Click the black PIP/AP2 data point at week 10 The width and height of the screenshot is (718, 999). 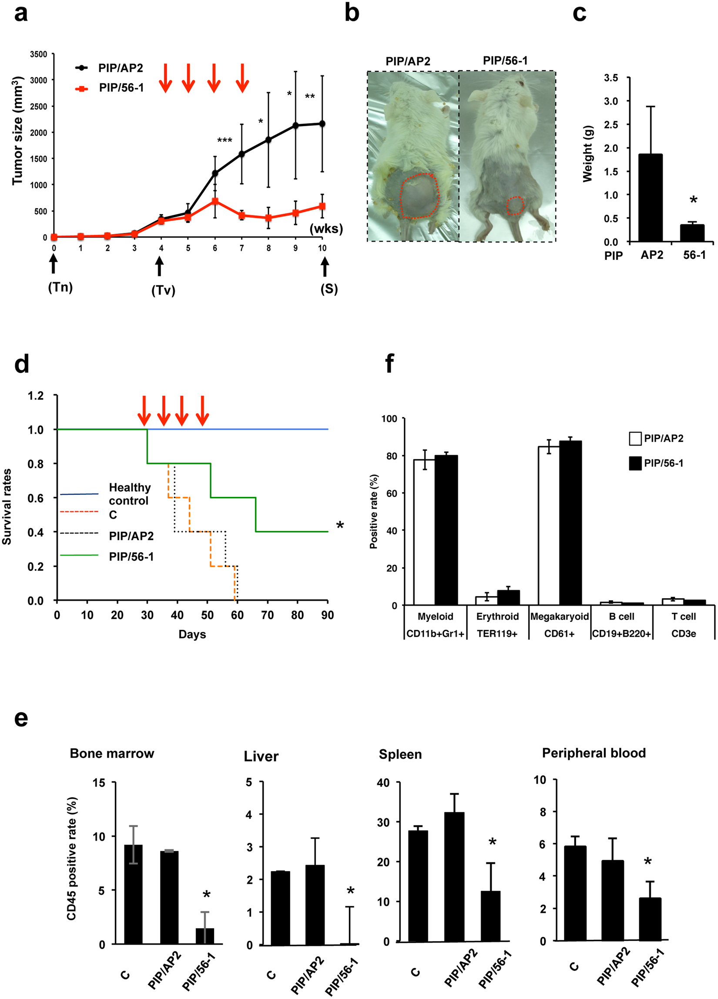tap(322, 124)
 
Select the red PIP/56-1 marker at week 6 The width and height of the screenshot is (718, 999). tap(215, 201)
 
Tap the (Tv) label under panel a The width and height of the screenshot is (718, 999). tap(164, 291)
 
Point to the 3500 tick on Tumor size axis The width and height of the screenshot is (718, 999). tap(38, 54)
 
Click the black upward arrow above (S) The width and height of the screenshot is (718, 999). tap(325, 267)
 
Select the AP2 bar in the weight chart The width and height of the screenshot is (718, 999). tap(650, 198)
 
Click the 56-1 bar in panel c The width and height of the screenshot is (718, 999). tap(692, 233)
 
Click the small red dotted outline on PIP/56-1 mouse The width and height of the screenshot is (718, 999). tap(514, 205)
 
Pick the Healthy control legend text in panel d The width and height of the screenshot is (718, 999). tap(130, 494)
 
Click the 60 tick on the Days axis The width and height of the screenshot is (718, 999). tap(238, 615)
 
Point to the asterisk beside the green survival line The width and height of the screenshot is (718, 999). tap(340, 526)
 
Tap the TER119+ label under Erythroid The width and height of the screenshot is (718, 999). tap(497, 634)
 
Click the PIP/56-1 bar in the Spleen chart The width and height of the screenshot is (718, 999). tap(490, 916)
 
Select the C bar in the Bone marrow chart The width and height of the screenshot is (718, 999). tap(133, 895)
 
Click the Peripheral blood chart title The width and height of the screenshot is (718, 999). tap(594, 753)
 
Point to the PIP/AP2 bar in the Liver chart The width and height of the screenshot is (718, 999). tap(315, 905)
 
